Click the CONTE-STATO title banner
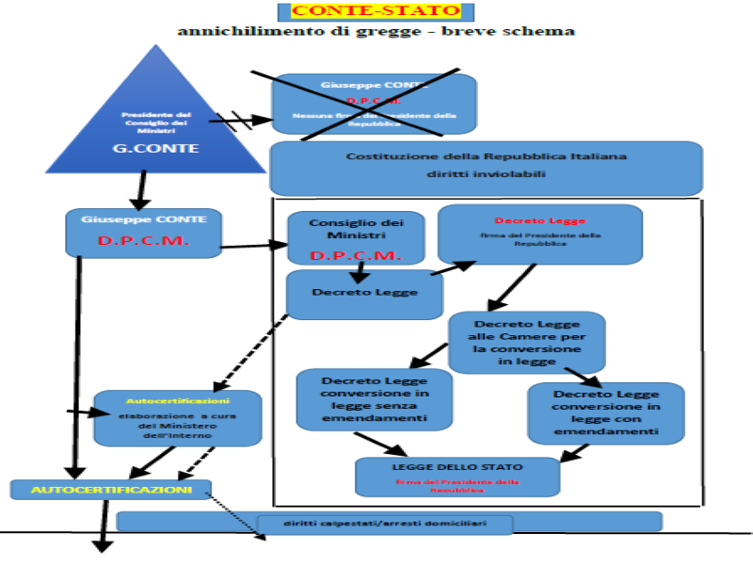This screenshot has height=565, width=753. pos(376,11)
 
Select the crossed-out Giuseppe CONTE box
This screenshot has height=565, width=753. pos(374,104)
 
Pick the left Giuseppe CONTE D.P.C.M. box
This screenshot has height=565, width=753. pos(143,233)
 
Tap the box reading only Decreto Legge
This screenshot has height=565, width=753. pos(364,294)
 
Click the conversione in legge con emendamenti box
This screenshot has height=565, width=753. pos(605,412)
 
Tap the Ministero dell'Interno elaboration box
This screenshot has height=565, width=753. pos(177,418)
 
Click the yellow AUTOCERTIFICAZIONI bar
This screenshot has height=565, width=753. pos(111,490)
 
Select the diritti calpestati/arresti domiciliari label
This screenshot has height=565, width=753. pos(384,523)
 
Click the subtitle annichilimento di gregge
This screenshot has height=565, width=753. pos(376,30)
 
